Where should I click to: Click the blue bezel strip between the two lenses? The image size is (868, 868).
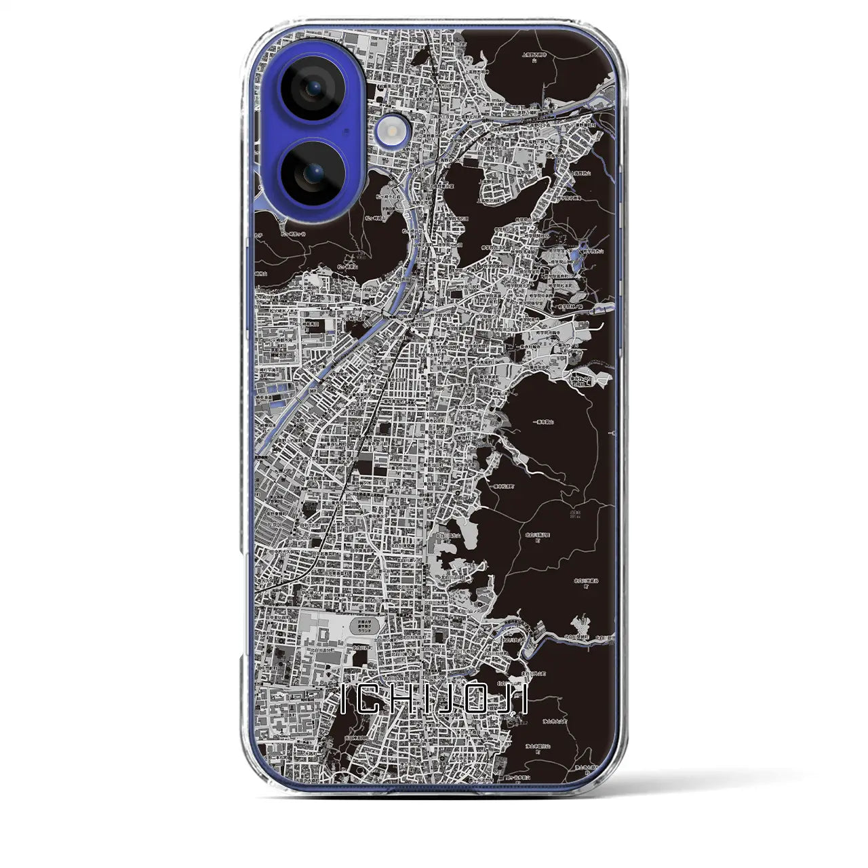click(313, 131)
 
